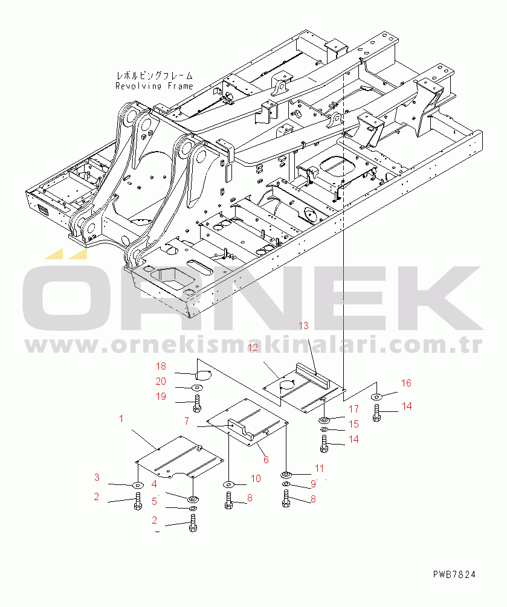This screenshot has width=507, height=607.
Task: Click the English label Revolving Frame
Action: (x=154, y=86)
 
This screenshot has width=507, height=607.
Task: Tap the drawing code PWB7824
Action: (x=454, y=574)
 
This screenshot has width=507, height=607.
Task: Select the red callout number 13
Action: (x=304, y=326)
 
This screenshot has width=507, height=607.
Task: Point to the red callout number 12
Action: (x=253, y=348)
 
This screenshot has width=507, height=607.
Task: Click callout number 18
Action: (x=161, y=366)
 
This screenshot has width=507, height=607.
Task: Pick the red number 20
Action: (x=161, y=381)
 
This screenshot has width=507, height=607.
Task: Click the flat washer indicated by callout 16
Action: (x=376, y=396)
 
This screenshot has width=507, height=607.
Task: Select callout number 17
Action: (x=354, y=409)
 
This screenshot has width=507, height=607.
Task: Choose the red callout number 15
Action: (x=354, y=424)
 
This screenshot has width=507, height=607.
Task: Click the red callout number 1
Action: (x=121, y=419)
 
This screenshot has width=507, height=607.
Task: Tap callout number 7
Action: (x=187, y=421)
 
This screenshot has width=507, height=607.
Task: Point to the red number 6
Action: (x=266, y=460)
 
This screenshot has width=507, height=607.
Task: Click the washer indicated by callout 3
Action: (x=138, y=485)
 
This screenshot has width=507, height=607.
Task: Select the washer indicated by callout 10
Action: (x=228, y=484)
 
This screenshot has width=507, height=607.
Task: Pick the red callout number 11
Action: (x=319, y=468)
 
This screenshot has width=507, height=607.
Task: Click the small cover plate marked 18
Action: (x=202, y=374)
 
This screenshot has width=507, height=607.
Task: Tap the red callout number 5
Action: (x=154, y=501)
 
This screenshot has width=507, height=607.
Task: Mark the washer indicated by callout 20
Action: (x=197, y=388)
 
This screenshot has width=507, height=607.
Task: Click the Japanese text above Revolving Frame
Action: (x=154, y=75)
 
